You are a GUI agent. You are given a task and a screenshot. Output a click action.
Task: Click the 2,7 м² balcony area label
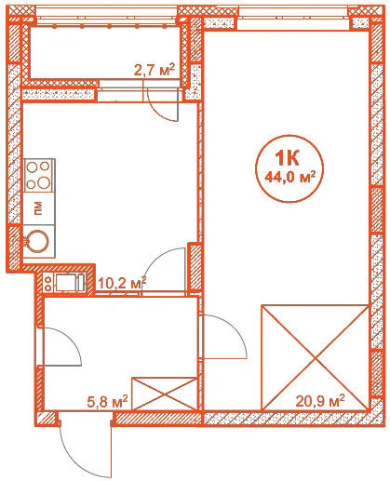coord(155,70)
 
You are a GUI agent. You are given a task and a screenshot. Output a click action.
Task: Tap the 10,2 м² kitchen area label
coord(122,283)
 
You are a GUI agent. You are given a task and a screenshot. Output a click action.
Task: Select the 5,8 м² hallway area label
coord(107,402)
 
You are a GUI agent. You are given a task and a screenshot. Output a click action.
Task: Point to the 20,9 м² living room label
coord(320,401)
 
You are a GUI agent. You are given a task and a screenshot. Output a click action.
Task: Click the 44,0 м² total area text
coord(289,178)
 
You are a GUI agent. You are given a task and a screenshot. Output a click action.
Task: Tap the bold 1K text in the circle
coord(287,158)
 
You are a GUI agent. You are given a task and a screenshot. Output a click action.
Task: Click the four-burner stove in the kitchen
coord(40,176)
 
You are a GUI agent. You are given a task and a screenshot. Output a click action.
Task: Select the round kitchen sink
coord(37,241)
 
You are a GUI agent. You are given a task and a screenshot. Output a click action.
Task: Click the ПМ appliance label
coord(37,208)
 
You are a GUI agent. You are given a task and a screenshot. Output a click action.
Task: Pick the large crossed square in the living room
coord(316,358)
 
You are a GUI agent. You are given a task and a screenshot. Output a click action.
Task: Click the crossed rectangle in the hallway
coord(165,394)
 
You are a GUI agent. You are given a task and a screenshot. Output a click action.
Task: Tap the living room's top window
coord(293,23)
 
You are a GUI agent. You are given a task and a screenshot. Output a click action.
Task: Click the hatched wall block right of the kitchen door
coord(195,266)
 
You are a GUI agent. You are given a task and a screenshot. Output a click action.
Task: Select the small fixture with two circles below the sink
coord(48,284)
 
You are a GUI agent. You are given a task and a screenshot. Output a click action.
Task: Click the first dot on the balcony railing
coord(54,27)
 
